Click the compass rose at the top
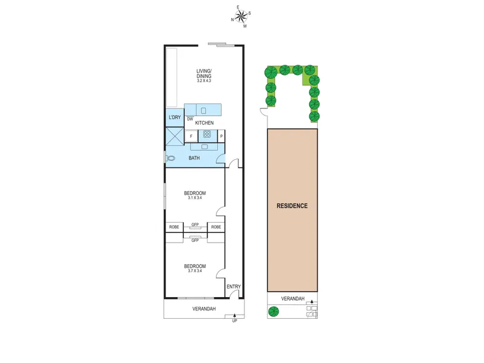coord(241,16)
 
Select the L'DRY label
coord(175,117)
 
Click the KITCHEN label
coord(204,123)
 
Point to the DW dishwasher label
coord(190,119)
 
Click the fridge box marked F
coord(191,136)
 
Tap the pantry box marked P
coord(221,136)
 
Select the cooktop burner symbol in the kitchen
coord(207,134)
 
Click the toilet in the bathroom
coord(170,159)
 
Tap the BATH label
coord(194,158)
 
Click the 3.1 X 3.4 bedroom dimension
coord(195,198)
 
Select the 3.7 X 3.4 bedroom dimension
coord(195,271)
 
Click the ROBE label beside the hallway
coord(216,227)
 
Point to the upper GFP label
coord(195,224)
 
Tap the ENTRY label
coord(234,287)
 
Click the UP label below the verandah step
coord(235,321)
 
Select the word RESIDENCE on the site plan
coord(292,206)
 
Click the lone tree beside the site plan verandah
coord(273,312)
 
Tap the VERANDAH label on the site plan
coord(293,299)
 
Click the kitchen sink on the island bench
coord(203,110)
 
